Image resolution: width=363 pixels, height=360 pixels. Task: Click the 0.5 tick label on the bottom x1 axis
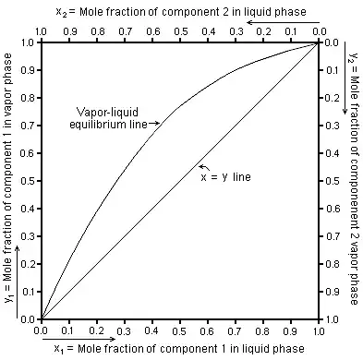click(x=179, y=330)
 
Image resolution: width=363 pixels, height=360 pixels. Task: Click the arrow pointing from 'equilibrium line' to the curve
click(x=152, y=123)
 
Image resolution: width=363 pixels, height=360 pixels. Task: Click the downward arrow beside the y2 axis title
click(x=345, y=111)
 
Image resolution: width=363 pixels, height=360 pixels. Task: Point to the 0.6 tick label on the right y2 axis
click(x=330, y=207)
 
